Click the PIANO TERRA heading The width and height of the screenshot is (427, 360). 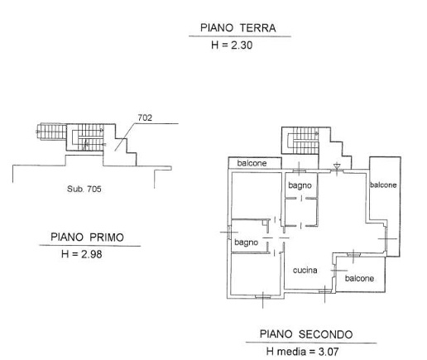pyautogui.click(x=237, y=28)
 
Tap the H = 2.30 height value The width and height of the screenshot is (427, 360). pyautogui.click(x=237, y=46)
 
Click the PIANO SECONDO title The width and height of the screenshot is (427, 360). pyautogui.click(x=306, y=334)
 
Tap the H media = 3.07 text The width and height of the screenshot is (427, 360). pyautogui.click(x=306, y=352)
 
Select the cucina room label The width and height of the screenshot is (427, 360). pyautogui.click(x=306, y=271)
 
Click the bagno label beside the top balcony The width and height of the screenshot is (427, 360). pyautogui.click(x=300, y=185)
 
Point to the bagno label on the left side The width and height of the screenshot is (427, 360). pyautogui.click(x=246, y=242)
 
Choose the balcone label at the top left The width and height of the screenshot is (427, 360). pyautogui.click(x=252, y=163)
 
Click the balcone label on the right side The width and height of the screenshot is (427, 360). pyautogui.click(x=383, y=185)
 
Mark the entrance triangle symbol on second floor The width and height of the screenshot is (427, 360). pyautogui.click(x=336, y=167)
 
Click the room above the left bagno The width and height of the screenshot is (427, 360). pyautogui.click(x=253, y=194)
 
